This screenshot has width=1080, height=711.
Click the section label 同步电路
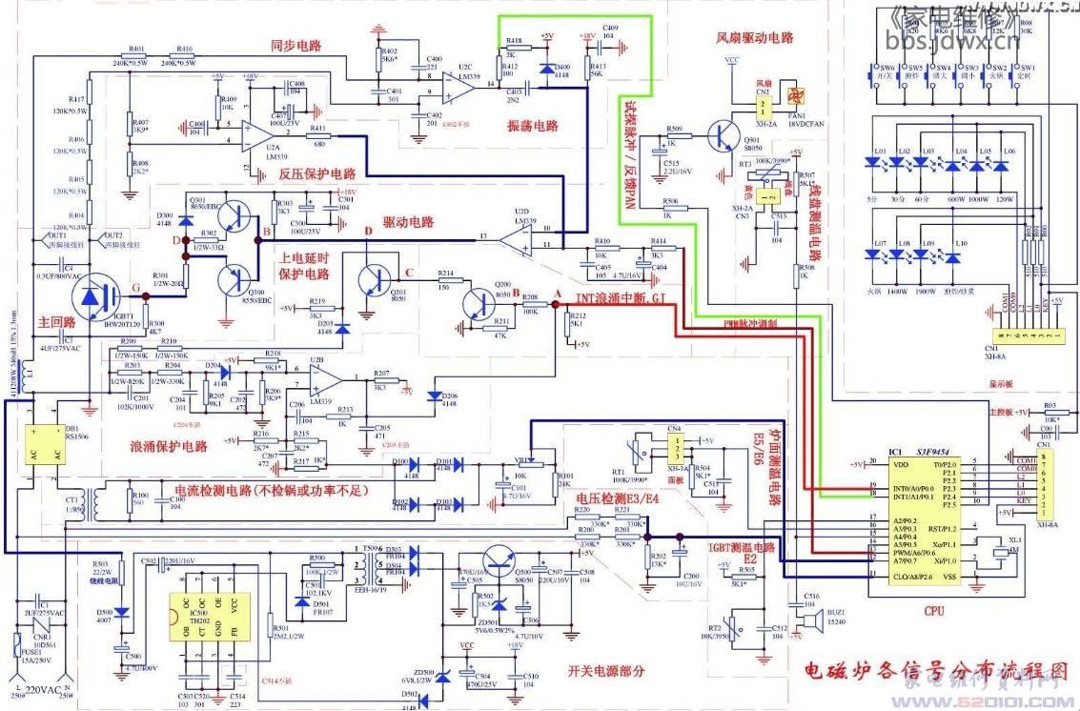pyautogui.click(x=295, y=45)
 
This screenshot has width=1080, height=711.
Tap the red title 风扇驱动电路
pyautogui.click(x=755, y=38)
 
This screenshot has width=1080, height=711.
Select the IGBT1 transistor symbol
pyautogui.click(x=96, y=298)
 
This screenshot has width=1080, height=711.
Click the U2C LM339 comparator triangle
pyautogui.click(x=458, y=87)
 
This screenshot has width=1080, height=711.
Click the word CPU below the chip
pyautogui.click(x=933, y=610)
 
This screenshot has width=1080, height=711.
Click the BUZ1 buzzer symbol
pyautogui.click(x=811, y=620)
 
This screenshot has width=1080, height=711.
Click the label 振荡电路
pyautogui.click(x=532, y=126)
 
